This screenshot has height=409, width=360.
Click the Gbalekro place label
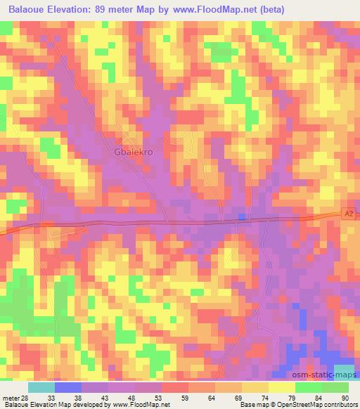click(x=134, y=150)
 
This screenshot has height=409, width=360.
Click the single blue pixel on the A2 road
click(x=242, y=217)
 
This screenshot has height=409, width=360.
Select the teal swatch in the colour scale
click(x=41, y=387)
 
